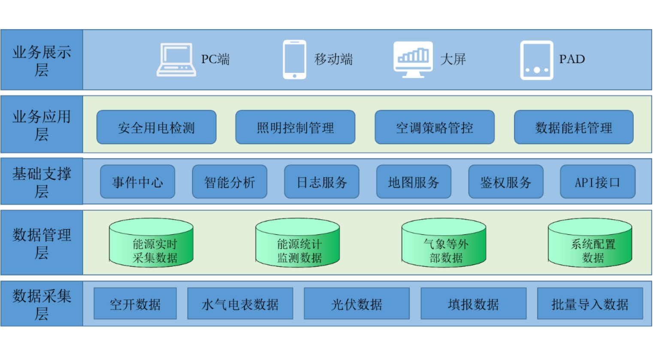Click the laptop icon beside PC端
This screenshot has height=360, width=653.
click(x=176, y=60)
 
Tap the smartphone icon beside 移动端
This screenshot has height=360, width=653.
click(x=294, y=60)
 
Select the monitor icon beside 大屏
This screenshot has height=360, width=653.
click(x=413, y=59)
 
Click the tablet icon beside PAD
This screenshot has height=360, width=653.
click(x=536, y=60)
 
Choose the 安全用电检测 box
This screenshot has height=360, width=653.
click(x=156, y=127)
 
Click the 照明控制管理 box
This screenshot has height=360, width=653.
click(x=295, y=127)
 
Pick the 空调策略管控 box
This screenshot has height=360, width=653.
click(x=434, y=127)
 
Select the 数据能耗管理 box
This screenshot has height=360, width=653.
click(x=574, y=127)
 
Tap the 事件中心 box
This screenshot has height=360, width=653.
click(x=137, y=182)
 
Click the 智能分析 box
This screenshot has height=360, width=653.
click(x=230, y=182)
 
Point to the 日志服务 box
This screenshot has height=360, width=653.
click(x=322, y=182)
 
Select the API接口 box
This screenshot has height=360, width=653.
click(x=598, y=182)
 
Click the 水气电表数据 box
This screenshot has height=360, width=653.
click(x=240, y=304)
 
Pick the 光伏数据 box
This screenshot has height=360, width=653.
click(x=357, y=304)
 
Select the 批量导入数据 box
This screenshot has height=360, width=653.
click(x=590, y=304)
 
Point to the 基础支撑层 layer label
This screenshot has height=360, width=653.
click(x=41, y=182)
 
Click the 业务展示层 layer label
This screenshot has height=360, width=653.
click(x=41, y=60)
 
